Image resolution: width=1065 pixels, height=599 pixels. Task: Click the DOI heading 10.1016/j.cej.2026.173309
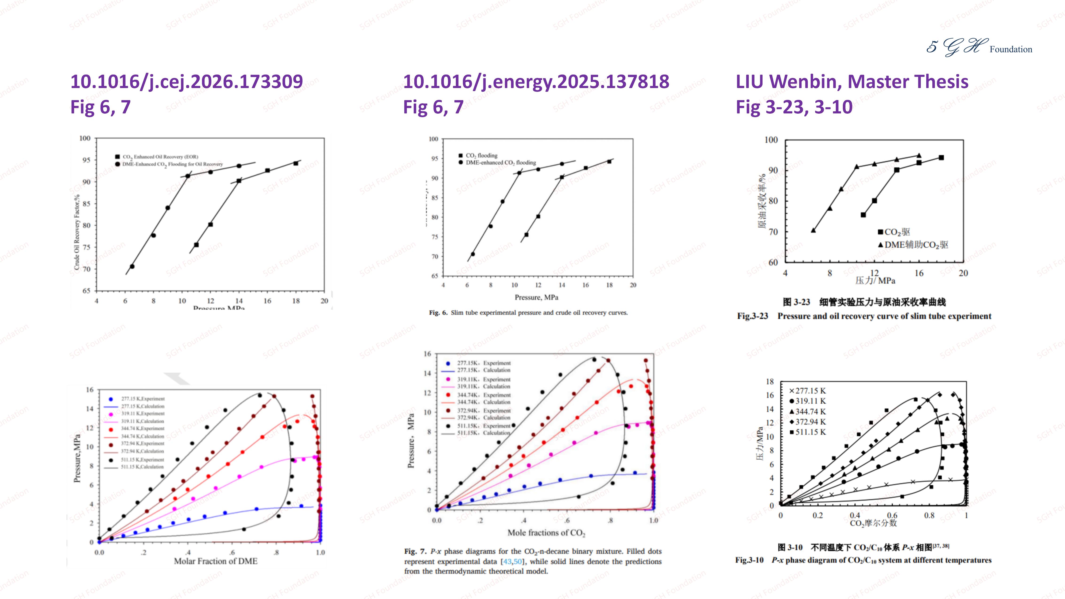pos(186,81)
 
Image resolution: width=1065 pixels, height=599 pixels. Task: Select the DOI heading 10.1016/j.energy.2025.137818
pos(536,81)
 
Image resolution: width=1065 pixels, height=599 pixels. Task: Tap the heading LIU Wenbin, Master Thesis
pos(852,81)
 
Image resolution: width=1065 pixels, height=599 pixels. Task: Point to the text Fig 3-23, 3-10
pos(794,107)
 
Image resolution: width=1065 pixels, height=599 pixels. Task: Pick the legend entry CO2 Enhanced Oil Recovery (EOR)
pos(160,157)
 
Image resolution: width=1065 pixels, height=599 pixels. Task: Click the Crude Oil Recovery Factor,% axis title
pos(77,232)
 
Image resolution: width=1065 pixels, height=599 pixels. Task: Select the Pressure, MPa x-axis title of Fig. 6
pos(536,297)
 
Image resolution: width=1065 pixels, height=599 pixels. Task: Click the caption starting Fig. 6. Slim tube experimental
pos(528,313)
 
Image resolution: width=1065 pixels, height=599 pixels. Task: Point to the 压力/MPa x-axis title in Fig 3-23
pos(875,281)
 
